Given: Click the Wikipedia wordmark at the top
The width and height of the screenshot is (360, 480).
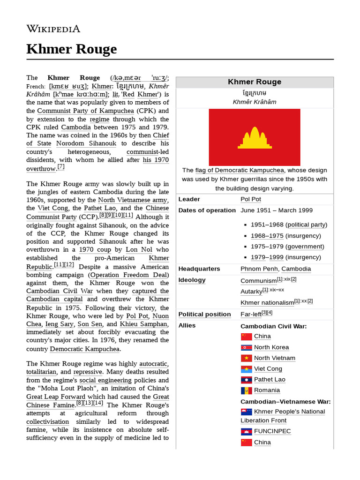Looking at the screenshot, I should coord(53,29).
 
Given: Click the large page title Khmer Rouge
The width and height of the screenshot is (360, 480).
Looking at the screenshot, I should coord(71,49).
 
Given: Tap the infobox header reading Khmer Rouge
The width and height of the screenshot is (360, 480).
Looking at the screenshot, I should coord(255,82).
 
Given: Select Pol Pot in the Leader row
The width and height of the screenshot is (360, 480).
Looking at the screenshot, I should coord(251,199).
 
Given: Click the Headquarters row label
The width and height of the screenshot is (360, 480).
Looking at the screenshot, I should coord(199,269).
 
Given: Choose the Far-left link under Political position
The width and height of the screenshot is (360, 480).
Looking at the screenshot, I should coord(251,314).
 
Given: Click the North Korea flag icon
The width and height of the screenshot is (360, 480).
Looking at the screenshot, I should coord(247,347).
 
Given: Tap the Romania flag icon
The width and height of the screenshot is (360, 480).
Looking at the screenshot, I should coord(247,390).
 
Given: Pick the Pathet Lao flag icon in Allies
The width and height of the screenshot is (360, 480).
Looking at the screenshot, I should coord(247,380).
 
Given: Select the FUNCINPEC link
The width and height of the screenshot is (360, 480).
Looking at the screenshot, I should coord(272,431).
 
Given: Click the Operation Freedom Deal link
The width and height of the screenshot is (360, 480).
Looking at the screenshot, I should coord(129,275).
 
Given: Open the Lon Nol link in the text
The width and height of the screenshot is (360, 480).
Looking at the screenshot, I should coord(139,250).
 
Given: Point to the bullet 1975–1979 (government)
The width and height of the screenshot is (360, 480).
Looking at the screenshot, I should coord(287,247).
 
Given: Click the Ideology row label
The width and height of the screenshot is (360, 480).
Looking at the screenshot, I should coord(192,280).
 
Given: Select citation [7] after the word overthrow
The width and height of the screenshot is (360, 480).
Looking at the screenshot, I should coord(61,167).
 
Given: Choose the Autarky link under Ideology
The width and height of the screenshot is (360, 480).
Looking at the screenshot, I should coord(251,292).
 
